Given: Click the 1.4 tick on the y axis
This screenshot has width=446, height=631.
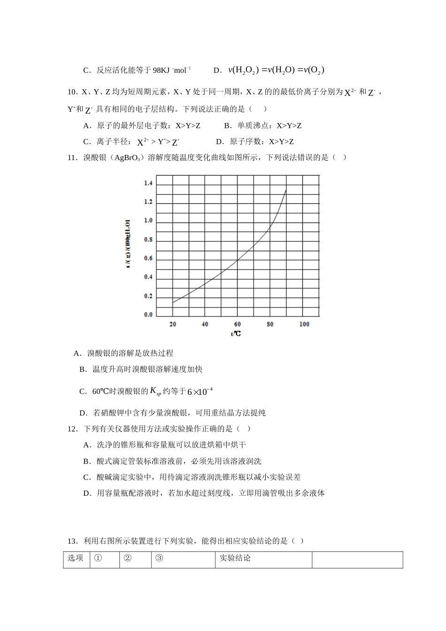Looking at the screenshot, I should [x=148, y=183].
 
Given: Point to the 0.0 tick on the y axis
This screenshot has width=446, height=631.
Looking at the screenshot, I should [x=148, y=315].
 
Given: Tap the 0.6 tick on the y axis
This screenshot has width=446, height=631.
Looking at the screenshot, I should [x=148, y=258].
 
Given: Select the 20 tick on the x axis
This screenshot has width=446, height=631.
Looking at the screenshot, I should [x=173, y=324].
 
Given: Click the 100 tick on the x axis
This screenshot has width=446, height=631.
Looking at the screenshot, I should [x=304, y=324].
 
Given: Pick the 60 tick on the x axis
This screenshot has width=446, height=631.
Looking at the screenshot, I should [x=238, y=324].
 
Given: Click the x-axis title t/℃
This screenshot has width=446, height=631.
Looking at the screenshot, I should [x=236, y=334].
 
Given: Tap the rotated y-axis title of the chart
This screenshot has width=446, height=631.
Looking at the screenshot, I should [x=128, y=244].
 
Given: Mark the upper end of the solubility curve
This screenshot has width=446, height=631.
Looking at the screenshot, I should [x=285, y=190].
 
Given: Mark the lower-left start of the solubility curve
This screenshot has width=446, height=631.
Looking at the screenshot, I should [x=173, y=303].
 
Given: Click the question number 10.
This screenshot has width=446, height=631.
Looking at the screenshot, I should [x=72, y=92].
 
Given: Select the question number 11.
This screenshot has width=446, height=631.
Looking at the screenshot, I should [x=72, y=158].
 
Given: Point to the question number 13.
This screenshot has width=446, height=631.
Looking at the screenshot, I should [x=72, y=541].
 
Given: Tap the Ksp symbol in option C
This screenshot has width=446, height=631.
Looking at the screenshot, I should [x=155, y=391].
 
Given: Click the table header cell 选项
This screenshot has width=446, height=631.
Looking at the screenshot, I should [x=76, y=558].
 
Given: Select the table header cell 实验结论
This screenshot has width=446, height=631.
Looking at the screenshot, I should [x=235, y=558].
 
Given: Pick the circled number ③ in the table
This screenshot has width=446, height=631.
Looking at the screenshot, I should [x=159, y=558].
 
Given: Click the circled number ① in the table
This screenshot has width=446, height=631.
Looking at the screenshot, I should [x=98, y=558].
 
